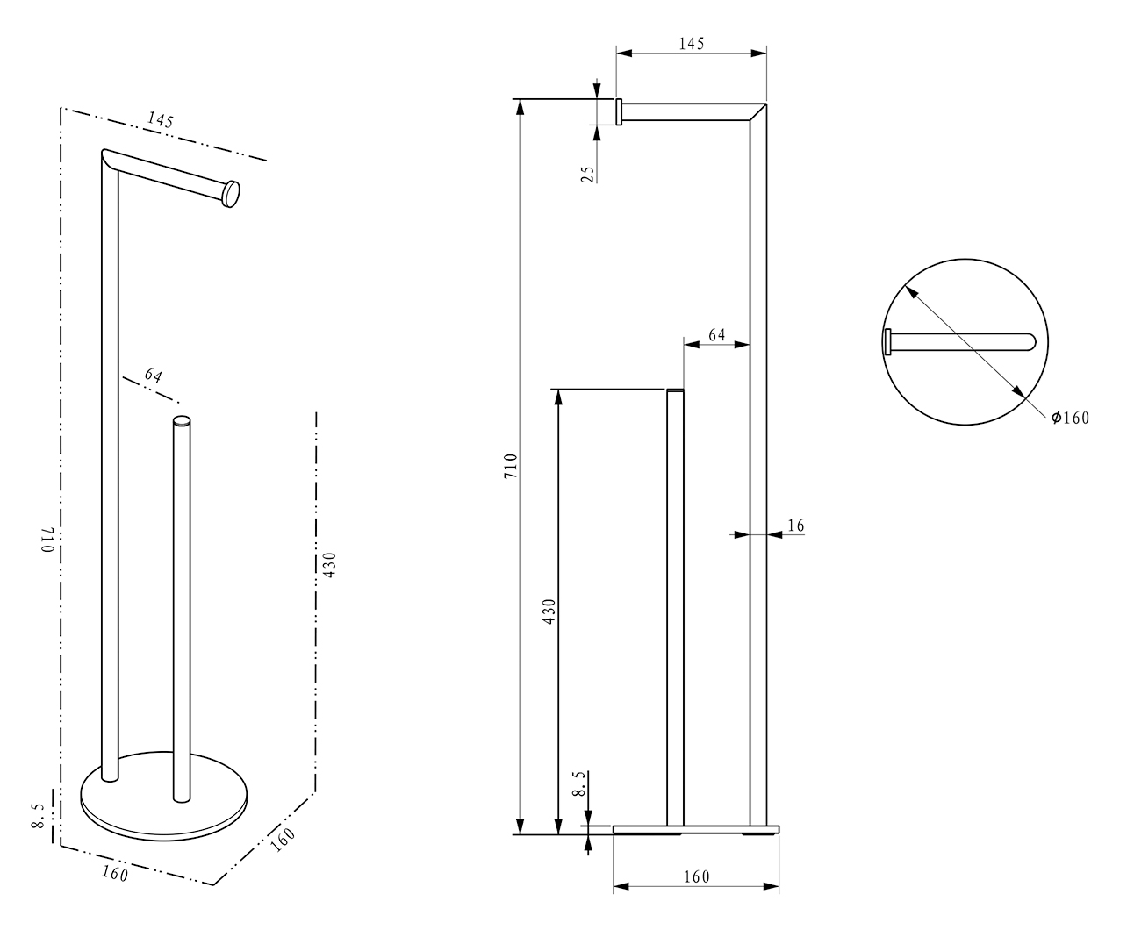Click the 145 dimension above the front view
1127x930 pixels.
[692, 44]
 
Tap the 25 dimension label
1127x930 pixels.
[588, 174]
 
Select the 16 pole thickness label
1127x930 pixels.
[795, 526]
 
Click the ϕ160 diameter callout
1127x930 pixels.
[1070, 418]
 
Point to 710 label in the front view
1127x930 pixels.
[511, 466]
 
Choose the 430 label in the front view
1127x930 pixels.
[549, 612]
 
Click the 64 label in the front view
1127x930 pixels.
[717, 335]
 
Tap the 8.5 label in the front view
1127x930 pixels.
[578, 783]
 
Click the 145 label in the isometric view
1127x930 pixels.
[161, 119]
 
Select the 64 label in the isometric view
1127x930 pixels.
[153, 376]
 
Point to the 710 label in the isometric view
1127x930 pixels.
[48, 540]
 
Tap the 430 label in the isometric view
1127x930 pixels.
[329, 565]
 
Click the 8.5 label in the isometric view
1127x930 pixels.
[38, 816]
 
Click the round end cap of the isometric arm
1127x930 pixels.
[231, 194]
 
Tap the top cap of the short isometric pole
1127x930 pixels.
[182, 421]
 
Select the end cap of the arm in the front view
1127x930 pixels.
[619, 111]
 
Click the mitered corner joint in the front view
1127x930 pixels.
[757, 111]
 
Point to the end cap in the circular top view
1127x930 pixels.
[887, 342]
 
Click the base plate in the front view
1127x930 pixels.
[696, 829]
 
